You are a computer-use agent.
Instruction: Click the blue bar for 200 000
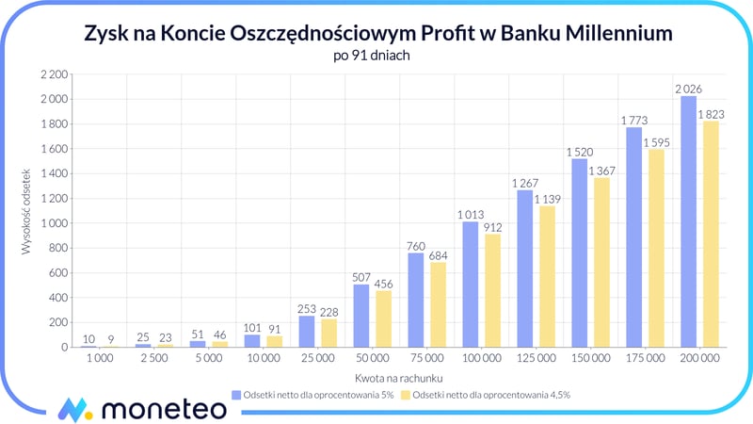point(688,221)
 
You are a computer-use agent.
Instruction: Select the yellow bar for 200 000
point(711,234)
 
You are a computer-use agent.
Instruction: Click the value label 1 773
point(633,121)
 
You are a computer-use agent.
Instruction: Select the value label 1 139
point(546,199)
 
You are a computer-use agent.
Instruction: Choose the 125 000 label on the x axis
point(534,359)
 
